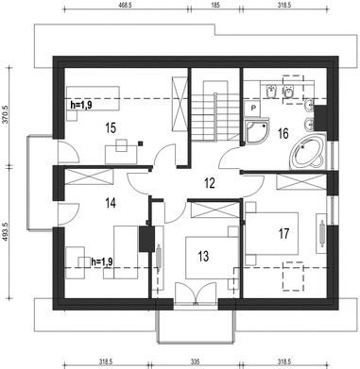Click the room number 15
click(111, 128)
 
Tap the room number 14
click(111, 203)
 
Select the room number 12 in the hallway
click(209, 183)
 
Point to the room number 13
click(203, 256)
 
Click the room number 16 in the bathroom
click(283, 134)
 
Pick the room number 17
click(283, 234)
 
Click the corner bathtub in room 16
click(308, 152)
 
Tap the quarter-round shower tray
click(256, 130)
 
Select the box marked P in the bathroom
click(252, 109)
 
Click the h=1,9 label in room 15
click(81, 105)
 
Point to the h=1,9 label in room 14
click(102, 261)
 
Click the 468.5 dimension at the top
click(126, 5)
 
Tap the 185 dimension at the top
click(215, 5)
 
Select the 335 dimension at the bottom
click(196, 361)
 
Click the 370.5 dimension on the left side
click(8, 115)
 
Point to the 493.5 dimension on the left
click(8, 231)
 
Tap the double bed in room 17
click(271, 233)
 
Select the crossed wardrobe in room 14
click(89, 177)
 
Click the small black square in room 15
click(140, 143)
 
